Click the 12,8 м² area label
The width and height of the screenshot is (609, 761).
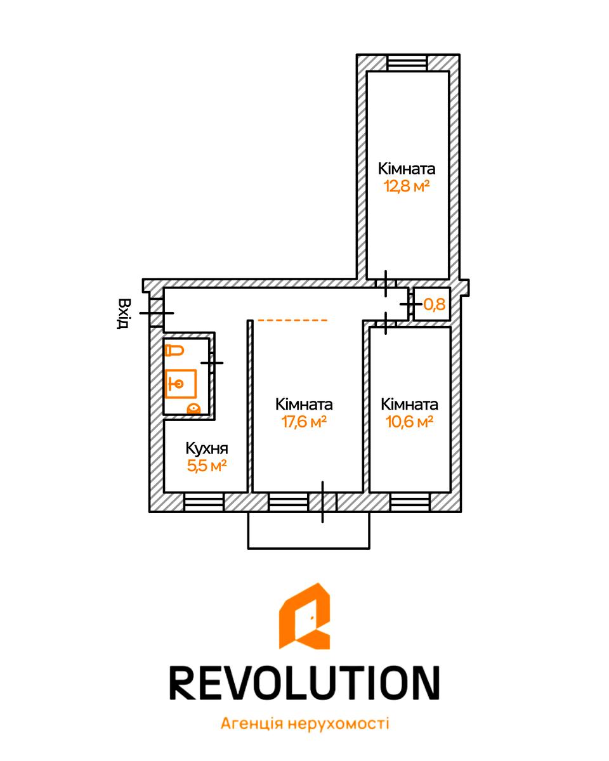pos(407,186)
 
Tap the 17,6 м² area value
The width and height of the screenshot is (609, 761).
pos(304,422)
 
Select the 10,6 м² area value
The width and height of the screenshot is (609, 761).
pos(409,422)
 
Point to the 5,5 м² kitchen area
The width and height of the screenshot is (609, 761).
pos(207,465)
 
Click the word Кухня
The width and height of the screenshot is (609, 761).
pos(207,448)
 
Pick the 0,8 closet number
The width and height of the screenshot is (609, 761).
pos(434,304)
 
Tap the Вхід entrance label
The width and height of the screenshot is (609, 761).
pos(124,313)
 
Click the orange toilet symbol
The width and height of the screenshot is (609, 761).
pos(174,351)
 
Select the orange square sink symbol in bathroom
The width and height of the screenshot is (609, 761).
pos(180,384)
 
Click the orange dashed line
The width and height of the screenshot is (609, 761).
pos(293,320)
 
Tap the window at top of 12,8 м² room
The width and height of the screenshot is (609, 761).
pos(407,63)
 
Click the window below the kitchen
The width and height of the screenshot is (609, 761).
pos(204,502)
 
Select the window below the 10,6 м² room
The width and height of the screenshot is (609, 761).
pos(410,502)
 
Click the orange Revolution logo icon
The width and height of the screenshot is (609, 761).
pos(304,616)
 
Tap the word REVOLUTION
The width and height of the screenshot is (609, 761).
pos(304,683)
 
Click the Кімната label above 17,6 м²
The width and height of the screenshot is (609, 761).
pos(304,404)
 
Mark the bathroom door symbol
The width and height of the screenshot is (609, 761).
pos(212,363)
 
